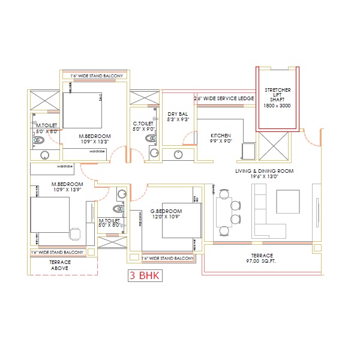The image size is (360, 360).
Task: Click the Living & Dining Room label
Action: point(263,172)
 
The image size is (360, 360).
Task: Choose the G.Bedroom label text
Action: point(166,212)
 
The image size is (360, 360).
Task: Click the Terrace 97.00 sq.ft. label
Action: point(262,259)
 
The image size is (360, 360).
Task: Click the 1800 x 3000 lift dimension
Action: point(276,106)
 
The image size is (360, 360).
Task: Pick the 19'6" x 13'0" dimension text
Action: point(263,178)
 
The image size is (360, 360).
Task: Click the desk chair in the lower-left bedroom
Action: point(74,232)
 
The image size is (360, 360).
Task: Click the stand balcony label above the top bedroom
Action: point(96,76)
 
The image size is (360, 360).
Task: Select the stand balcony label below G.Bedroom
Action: point(167,258)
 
